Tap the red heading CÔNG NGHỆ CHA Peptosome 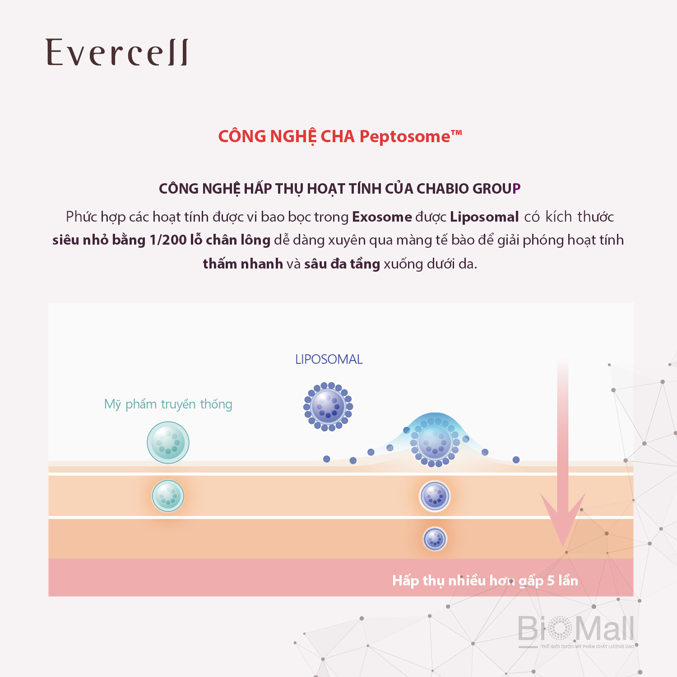point(340,136)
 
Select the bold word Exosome point(382,217)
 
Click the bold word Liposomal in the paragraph point(484,217)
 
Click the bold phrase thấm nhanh point(243,264)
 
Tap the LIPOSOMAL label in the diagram point(329,359)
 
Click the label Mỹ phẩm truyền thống point(168,404)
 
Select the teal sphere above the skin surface point(168,443)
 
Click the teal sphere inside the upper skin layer point(168,496)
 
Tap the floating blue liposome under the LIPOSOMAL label point(328,407)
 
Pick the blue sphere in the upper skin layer point(435,496)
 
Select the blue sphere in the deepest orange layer point(435,539)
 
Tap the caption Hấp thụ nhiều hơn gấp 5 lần point(485,581)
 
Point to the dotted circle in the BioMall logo point(560,628)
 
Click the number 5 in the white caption point(551,580)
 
